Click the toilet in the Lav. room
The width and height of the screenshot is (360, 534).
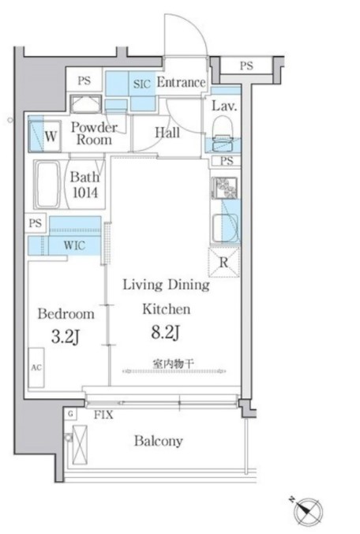(x=222, y=133)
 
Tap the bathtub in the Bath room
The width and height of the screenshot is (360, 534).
(x=47, y=184)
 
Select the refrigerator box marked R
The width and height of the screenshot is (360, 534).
(x=223, y=262)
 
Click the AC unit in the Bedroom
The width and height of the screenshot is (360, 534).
(x=36, y=368)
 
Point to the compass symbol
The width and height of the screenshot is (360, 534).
(x=309, y=512)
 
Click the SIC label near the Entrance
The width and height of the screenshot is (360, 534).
(x=142, y=84)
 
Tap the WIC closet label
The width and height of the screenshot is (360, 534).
(x=75, y=245)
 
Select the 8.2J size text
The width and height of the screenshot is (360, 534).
(x=166, y=332)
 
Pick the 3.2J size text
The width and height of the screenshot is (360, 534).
(x=66, y=337)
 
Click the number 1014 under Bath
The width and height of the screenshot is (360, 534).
(x=85, y=192)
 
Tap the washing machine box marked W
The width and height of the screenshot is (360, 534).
(x=45, y=136)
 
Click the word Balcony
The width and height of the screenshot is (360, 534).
(x=159, y=441)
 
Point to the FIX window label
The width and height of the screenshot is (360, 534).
(x=103, y=415)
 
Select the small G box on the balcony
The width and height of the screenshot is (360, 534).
(x=70, y=414)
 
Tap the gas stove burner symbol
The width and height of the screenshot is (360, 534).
(x=225, y=188)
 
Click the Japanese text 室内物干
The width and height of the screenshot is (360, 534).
(x=174, y=364)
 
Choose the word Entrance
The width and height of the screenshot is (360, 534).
(x=181, y=82)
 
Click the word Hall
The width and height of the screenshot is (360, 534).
(x=167, y=133)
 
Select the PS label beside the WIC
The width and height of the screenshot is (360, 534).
(x=36, y=223)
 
